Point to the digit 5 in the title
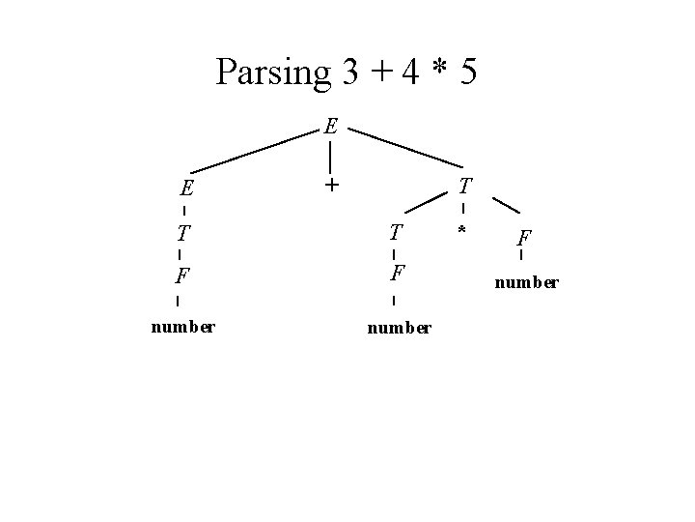[x=468, y=72]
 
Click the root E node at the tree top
[x=331, y=126]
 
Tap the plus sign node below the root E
[x=331, y=184]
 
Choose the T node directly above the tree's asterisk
[x=465, y=185]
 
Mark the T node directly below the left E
[x=182, y=233]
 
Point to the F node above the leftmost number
[x=181, y=276]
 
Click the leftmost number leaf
[x=182, y=326]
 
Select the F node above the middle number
[x=397, y=273]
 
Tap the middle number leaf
[x=399, y=329]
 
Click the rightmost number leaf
[x=526, y=283]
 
